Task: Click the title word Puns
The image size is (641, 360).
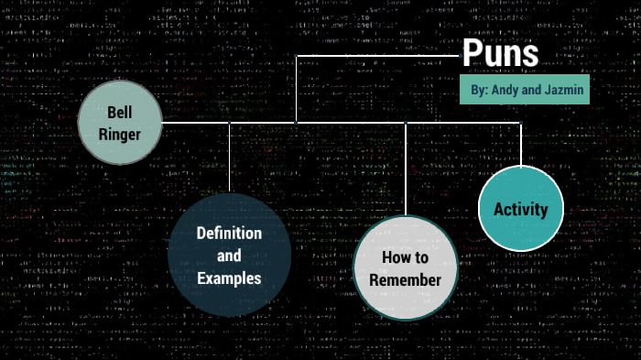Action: tap(500, 53)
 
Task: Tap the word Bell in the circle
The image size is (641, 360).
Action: tap(120, 112)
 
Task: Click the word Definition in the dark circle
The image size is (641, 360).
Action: tap(229, 233)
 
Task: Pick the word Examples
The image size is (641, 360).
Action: tap(229, 278)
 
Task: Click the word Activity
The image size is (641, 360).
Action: tap(520, 209)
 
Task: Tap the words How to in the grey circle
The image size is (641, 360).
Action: tap(405, 257)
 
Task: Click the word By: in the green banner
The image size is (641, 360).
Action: tap(479, 91)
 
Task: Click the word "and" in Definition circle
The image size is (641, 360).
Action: tap(229, 256)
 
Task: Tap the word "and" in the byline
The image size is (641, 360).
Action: tap(536, 91)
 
